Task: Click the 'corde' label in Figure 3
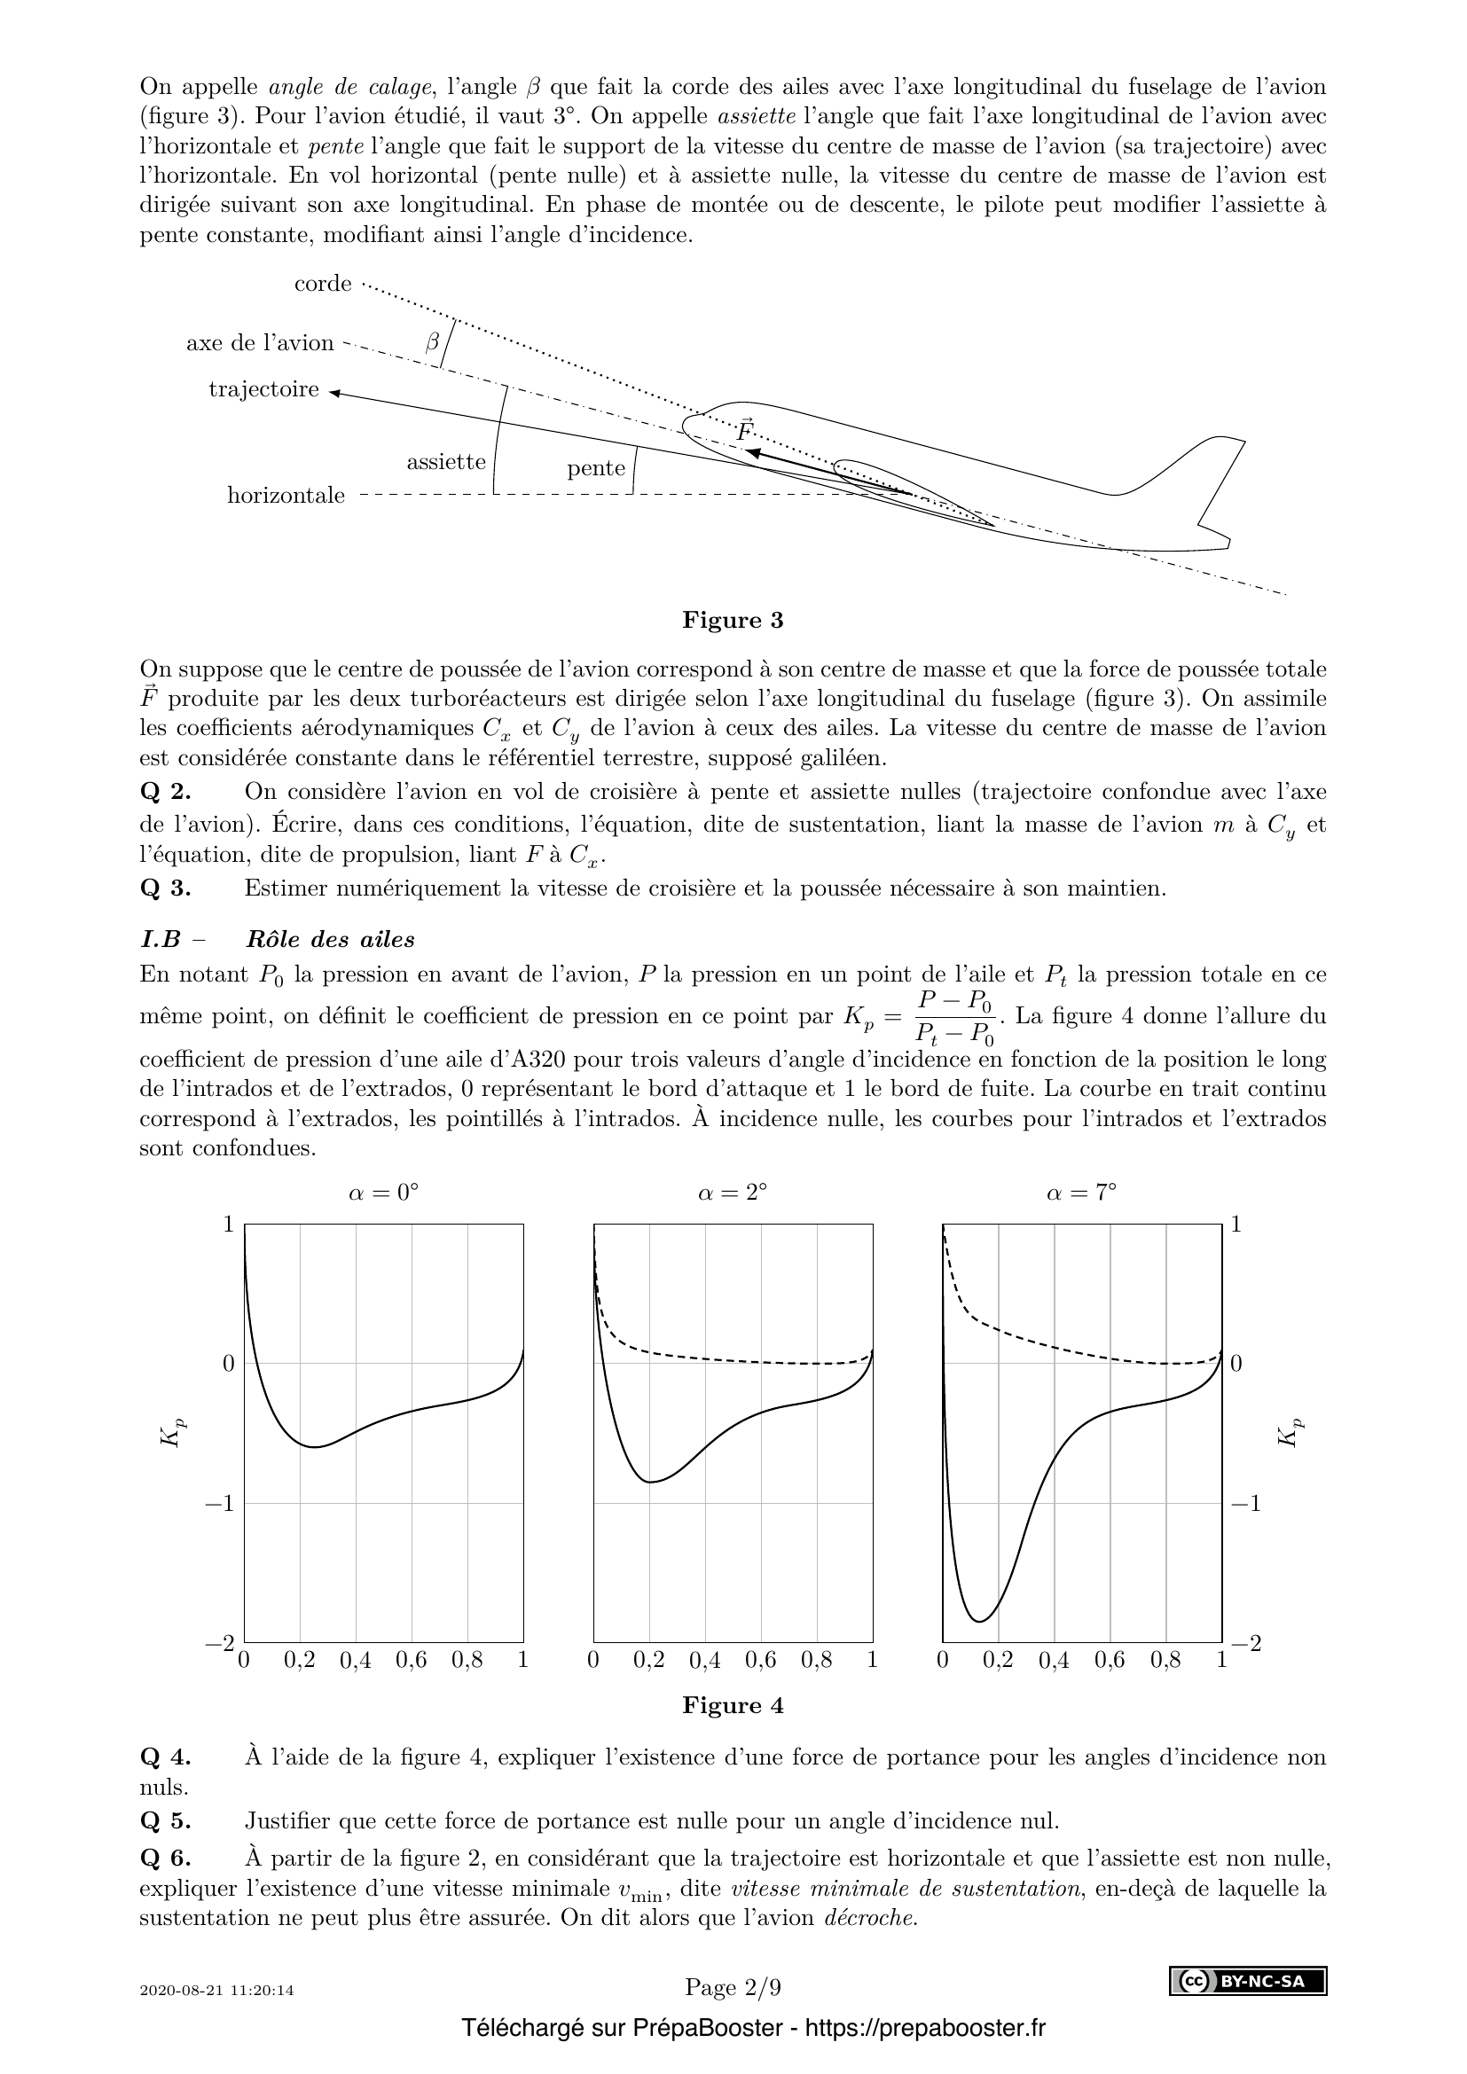[323, 284]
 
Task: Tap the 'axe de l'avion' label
[259, 343]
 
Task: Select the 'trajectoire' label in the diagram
[263, 389]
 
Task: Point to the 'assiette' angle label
[446, 463]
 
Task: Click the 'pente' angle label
[596, 468]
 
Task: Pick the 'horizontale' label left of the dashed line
[286, 496]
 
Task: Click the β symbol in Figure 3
[433, 341]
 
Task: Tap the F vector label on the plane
[744, 431]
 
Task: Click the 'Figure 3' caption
[733, 621]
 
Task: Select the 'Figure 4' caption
[733, 1705]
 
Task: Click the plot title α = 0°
[384, 1193]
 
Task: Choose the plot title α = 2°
[733, 1193]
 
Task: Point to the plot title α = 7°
[1081, 1193]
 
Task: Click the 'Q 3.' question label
[166, 888]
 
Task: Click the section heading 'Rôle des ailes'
[330, 939]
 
